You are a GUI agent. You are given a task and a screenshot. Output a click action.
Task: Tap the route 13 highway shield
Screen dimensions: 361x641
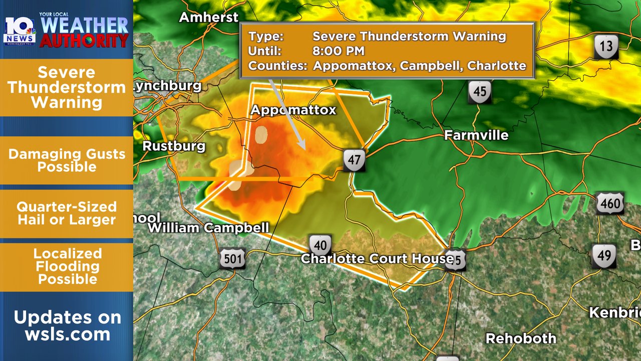(x=606, y=47)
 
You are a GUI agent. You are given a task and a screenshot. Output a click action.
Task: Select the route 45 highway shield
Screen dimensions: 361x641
(x=480, y=92)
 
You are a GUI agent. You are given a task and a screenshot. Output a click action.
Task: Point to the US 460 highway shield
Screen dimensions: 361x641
(x=610, y=204)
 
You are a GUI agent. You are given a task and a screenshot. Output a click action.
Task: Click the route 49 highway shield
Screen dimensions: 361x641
(x=603, y=256)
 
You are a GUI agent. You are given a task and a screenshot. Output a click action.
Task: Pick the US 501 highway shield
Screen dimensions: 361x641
(x=232, y=259)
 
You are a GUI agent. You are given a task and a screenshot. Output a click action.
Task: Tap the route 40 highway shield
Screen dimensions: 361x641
(x=320, y=246)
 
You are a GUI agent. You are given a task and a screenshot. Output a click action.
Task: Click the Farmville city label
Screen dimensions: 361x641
(x=476, y=135)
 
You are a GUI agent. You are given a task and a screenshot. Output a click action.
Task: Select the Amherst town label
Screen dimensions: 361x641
(x=209, y=17)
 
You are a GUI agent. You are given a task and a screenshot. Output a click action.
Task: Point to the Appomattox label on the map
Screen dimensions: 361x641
(x=293, y=110)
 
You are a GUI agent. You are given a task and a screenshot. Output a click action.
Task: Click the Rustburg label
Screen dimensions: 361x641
(x=174, y=146)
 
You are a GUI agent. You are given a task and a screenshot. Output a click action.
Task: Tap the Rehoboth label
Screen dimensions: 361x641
(x=521, y=338)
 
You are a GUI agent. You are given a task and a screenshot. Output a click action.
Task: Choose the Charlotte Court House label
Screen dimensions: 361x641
(x=377, y=259)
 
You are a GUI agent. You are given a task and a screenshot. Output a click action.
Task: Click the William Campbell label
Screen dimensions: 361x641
(x=208, y=228)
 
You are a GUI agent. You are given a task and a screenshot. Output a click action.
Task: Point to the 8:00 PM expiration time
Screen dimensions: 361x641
(x=339, y=51)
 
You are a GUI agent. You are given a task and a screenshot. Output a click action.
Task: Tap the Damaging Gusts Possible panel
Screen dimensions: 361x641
(x=67, y=160)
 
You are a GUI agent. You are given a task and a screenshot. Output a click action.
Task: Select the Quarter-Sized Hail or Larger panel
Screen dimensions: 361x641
(x=67, y=213)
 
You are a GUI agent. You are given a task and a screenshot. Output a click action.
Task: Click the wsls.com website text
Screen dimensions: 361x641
(x=68, y=334)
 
